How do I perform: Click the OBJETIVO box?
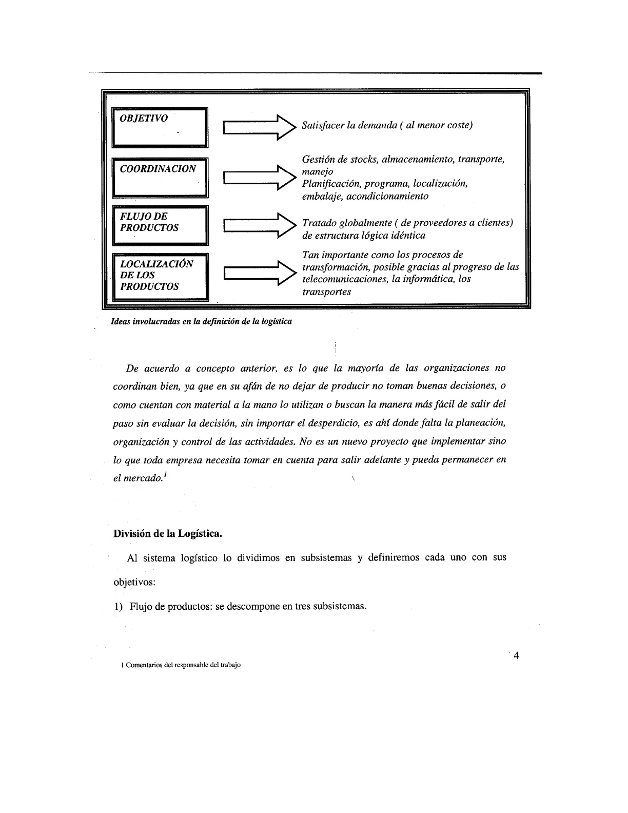(x=160, y=127)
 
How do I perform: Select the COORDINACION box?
(x=160, y=177)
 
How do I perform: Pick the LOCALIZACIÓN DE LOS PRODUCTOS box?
(x=160, y=277)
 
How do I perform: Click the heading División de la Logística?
(x=167, y=533)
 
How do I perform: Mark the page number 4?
(x=516, y=655)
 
